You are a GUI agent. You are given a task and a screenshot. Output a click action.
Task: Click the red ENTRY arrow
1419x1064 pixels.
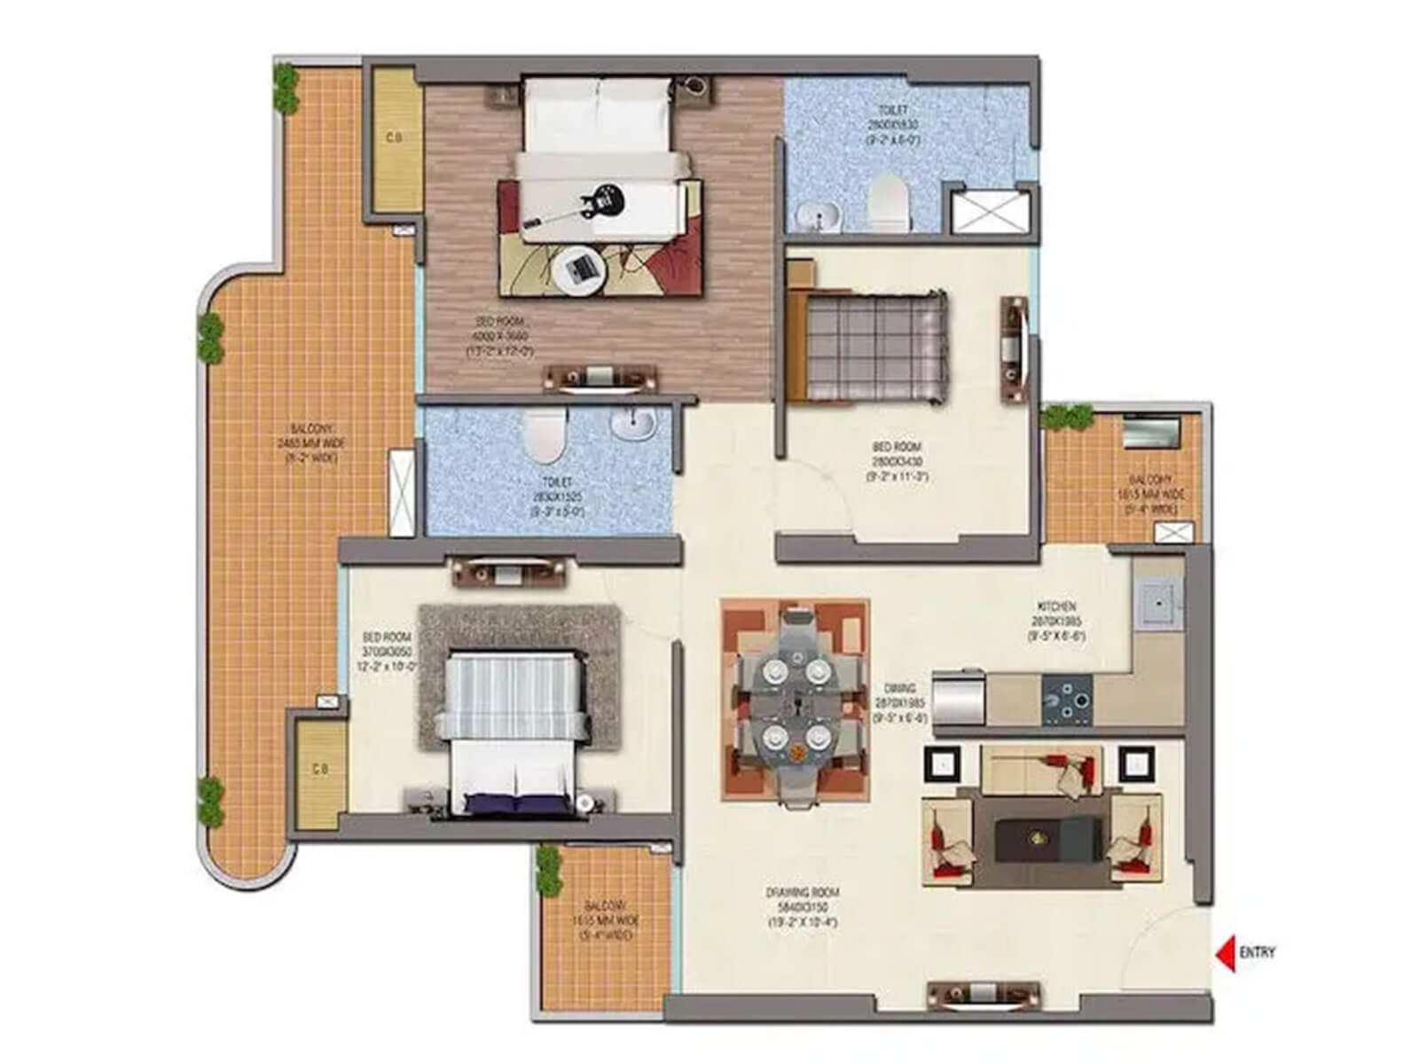pos(1225,953)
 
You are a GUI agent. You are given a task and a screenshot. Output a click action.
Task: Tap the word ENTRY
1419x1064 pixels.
pos(1257,953)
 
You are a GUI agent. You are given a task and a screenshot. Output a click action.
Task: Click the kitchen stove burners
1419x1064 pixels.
pos(1068,698)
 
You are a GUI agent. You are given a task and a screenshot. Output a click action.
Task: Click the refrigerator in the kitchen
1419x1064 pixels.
pos(958,698)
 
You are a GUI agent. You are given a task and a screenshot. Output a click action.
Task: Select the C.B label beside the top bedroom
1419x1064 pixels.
pos(393,137)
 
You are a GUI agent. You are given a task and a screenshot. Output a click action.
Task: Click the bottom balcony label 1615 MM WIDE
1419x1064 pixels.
pos(603,920)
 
